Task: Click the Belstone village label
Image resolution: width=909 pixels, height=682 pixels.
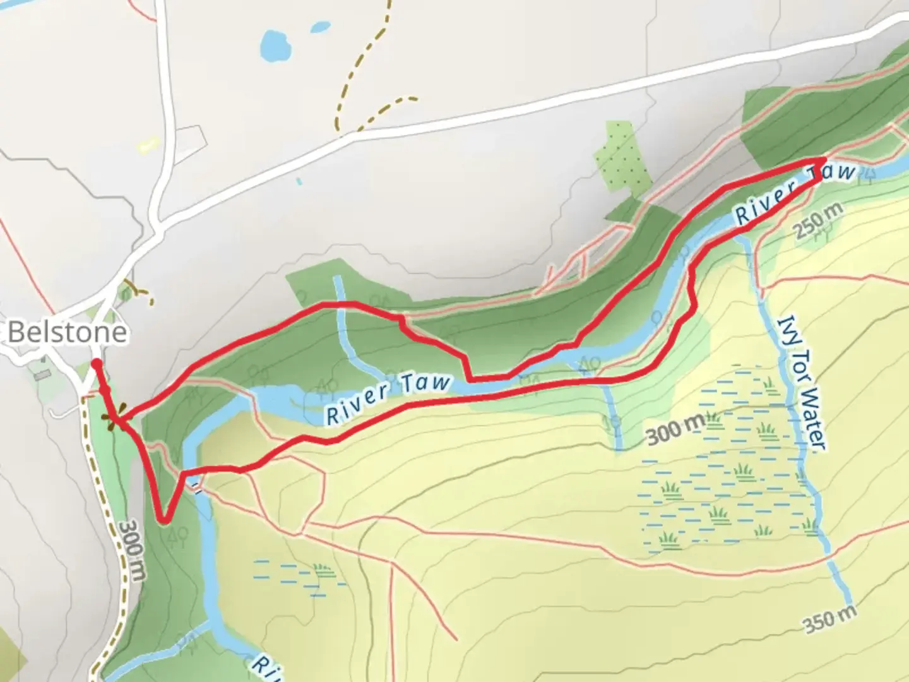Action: click(67, 332)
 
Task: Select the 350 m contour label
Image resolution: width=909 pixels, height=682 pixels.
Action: click(831, 618)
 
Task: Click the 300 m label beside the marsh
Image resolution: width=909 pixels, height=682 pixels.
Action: click(674, 431)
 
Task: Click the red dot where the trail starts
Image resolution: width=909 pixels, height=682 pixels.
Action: click(95, 363)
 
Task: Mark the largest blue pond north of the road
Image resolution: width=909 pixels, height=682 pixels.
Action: click(275, 44)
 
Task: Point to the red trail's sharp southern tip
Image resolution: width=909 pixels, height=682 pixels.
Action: click(163, 520)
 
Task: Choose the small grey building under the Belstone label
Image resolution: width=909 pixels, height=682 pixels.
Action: click(42, 374)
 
